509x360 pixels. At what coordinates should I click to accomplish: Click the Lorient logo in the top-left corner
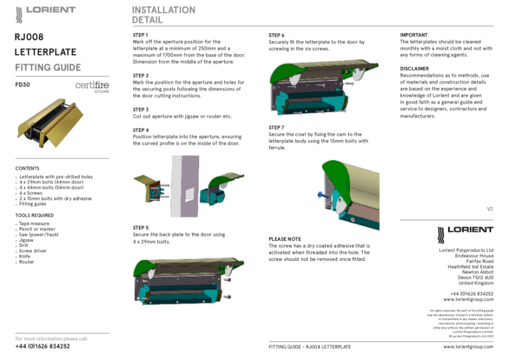point(45,11)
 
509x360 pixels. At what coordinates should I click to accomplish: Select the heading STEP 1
point(141,34)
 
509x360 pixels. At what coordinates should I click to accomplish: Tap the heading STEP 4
point(141,130)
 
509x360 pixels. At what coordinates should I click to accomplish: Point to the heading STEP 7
point(277,127)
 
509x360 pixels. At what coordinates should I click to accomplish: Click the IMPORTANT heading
point(414,34)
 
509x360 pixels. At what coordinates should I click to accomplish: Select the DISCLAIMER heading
point(414,68)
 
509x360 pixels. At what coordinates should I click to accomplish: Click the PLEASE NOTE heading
point(285,239)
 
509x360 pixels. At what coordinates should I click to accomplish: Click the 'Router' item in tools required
point(27,262)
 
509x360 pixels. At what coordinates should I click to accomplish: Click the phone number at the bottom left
point(43,347)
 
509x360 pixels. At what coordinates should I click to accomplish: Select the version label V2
point(489,209)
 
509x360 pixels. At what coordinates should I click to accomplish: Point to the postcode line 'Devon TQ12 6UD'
point(471,277)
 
